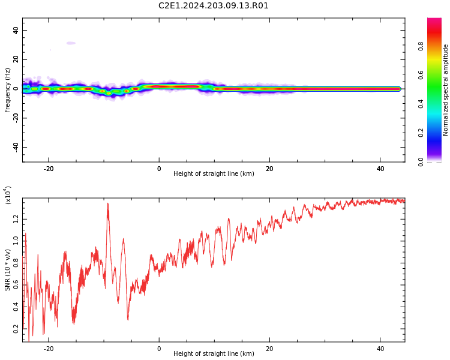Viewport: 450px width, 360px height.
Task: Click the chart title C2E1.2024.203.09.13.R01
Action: click(213, 6)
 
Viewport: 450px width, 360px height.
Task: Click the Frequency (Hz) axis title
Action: click(7, 90)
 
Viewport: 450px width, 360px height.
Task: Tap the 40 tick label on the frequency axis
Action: click(16, 30)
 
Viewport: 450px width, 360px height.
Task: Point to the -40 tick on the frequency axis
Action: click(16, 147)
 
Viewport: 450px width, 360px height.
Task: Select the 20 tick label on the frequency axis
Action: click(16, 59)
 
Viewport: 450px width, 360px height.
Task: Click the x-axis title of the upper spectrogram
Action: click(214, 173)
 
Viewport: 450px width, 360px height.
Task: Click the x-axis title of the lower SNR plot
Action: click(214, 353)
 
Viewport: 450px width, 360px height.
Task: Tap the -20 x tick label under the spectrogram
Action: click(49, 169)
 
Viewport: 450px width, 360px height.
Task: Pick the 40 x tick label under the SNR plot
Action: click(380, 349)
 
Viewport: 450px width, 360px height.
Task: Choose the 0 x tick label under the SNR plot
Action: click(159, 349)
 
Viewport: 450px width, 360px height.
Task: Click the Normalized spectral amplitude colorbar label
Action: click(445, 90)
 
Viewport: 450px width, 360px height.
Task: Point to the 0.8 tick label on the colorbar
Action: click(421, 46)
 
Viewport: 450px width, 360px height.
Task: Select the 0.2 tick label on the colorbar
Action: click(421, 133)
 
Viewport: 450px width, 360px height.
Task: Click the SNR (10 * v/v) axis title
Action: click(7, 269)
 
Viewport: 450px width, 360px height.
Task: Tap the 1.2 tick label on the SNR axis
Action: click(16, 219)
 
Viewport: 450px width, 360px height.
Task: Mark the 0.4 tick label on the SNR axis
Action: click(16, 307)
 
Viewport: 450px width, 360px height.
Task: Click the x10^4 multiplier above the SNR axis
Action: click(8, 195)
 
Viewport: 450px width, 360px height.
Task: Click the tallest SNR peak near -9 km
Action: click(108, 203)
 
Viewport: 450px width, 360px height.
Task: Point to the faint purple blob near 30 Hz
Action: click(71, 43)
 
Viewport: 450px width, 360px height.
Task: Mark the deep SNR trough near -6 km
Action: click(128, 320)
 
